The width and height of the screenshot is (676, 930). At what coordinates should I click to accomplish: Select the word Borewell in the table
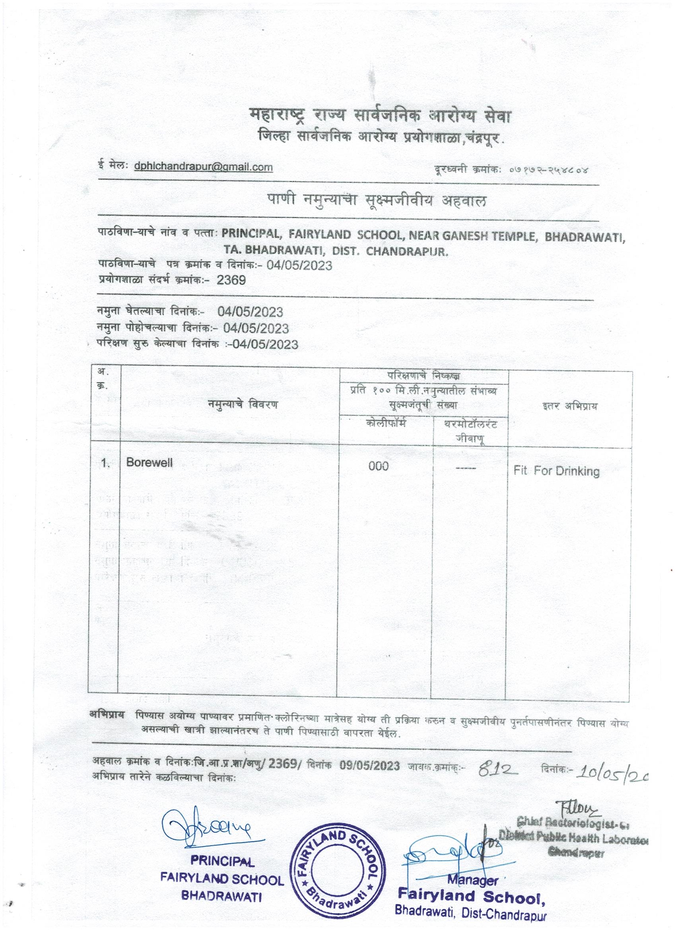tap(150, 462)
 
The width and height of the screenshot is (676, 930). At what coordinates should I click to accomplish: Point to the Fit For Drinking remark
tap(556, 471)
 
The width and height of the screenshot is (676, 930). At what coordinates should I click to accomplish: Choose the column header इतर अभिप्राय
tap(569, 407)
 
